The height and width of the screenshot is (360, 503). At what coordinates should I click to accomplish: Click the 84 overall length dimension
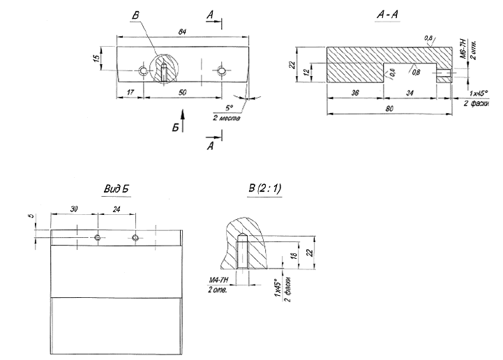(182, 33)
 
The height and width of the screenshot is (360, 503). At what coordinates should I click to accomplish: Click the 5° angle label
(228, 107)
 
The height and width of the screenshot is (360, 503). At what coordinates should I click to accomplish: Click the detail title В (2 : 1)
(264, 189)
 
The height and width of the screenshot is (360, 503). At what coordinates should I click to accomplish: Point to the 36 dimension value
(354, 92)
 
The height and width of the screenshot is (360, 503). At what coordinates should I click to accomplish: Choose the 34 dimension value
(410, 92)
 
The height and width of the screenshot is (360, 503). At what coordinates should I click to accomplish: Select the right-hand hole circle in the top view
(222, 71)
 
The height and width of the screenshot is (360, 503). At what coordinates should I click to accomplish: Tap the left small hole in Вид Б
(98, 238)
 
